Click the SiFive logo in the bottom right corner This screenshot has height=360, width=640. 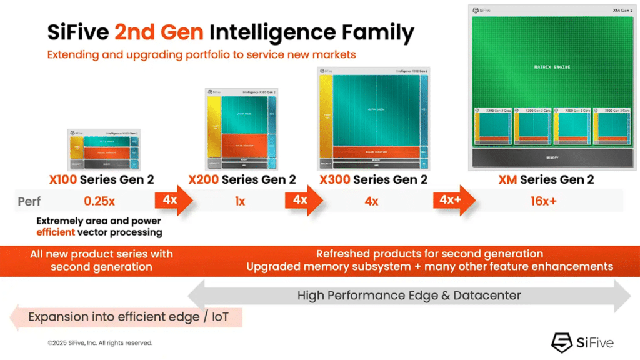(582, 342)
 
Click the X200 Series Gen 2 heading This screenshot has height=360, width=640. (242, 180)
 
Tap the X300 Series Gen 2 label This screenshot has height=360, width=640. (373, 180)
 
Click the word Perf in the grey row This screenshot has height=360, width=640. (29, 202)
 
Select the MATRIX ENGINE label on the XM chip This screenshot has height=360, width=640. (552, 67)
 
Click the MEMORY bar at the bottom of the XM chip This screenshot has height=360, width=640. (552, 157)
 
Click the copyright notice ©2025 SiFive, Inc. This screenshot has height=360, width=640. (100, 342)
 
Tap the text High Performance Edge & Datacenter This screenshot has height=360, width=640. (409, 295)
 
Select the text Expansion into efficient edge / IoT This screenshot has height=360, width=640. (128, 317)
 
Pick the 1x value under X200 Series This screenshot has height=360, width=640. (240, 202)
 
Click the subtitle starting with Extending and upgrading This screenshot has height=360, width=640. (201, 55)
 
